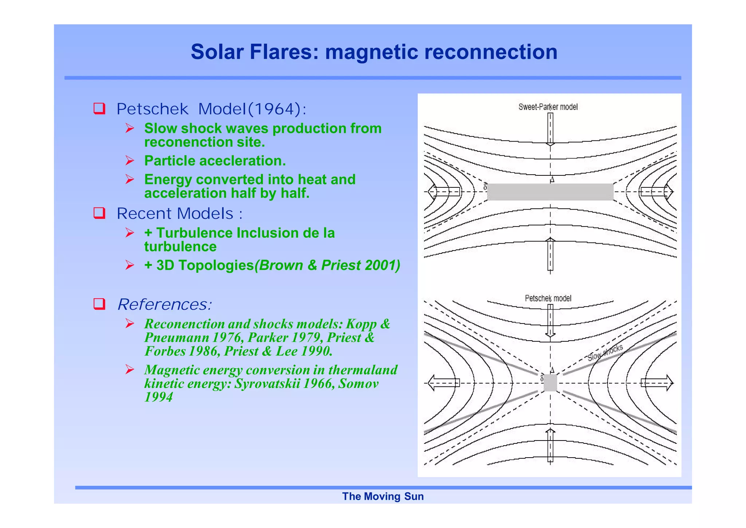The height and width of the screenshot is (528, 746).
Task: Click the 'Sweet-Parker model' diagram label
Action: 548,107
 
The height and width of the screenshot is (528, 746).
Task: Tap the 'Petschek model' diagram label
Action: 548,298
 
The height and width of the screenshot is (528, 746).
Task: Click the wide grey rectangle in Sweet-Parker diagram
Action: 550,192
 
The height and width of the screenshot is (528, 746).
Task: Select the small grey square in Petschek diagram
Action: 550,383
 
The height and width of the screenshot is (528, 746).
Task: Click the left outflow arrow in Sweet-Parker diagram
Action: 444,192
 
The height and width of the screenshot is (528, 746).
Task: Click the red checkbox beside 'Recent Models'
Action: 99,213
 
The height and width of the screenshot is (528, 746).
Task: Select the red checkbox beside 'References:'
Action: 99,304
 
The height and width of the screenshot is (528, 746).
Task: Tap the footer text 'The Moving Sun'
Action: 383,496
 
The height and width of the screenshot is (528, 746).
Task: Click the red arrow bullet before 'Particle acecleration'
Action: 130,160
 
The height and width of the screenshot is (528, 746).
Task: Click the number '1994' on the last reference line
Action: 158,397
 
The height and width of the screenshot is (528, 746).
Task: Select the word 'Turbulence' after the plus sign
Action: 195,233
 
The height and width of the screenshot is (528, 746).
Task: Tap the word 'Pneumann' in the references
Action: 177,338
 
